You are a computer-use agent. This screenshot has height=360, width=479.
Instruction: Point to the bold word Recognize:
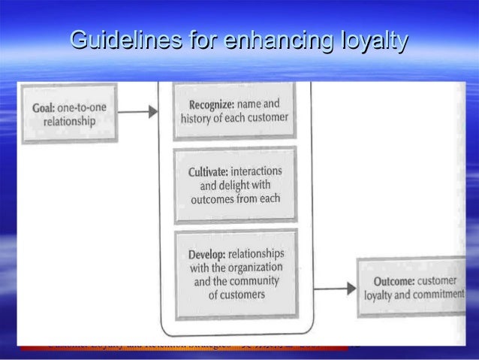tap(204, 104)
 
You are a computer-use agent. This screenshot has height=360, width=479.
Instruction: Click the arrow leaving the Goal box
tap(140, 112)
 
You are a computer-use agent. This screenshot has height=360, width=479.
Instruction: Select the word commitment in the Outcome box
tap(437, 295)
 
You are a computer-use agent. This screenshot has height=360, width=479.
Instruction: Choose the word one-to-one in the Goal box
tap(84, 107)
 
